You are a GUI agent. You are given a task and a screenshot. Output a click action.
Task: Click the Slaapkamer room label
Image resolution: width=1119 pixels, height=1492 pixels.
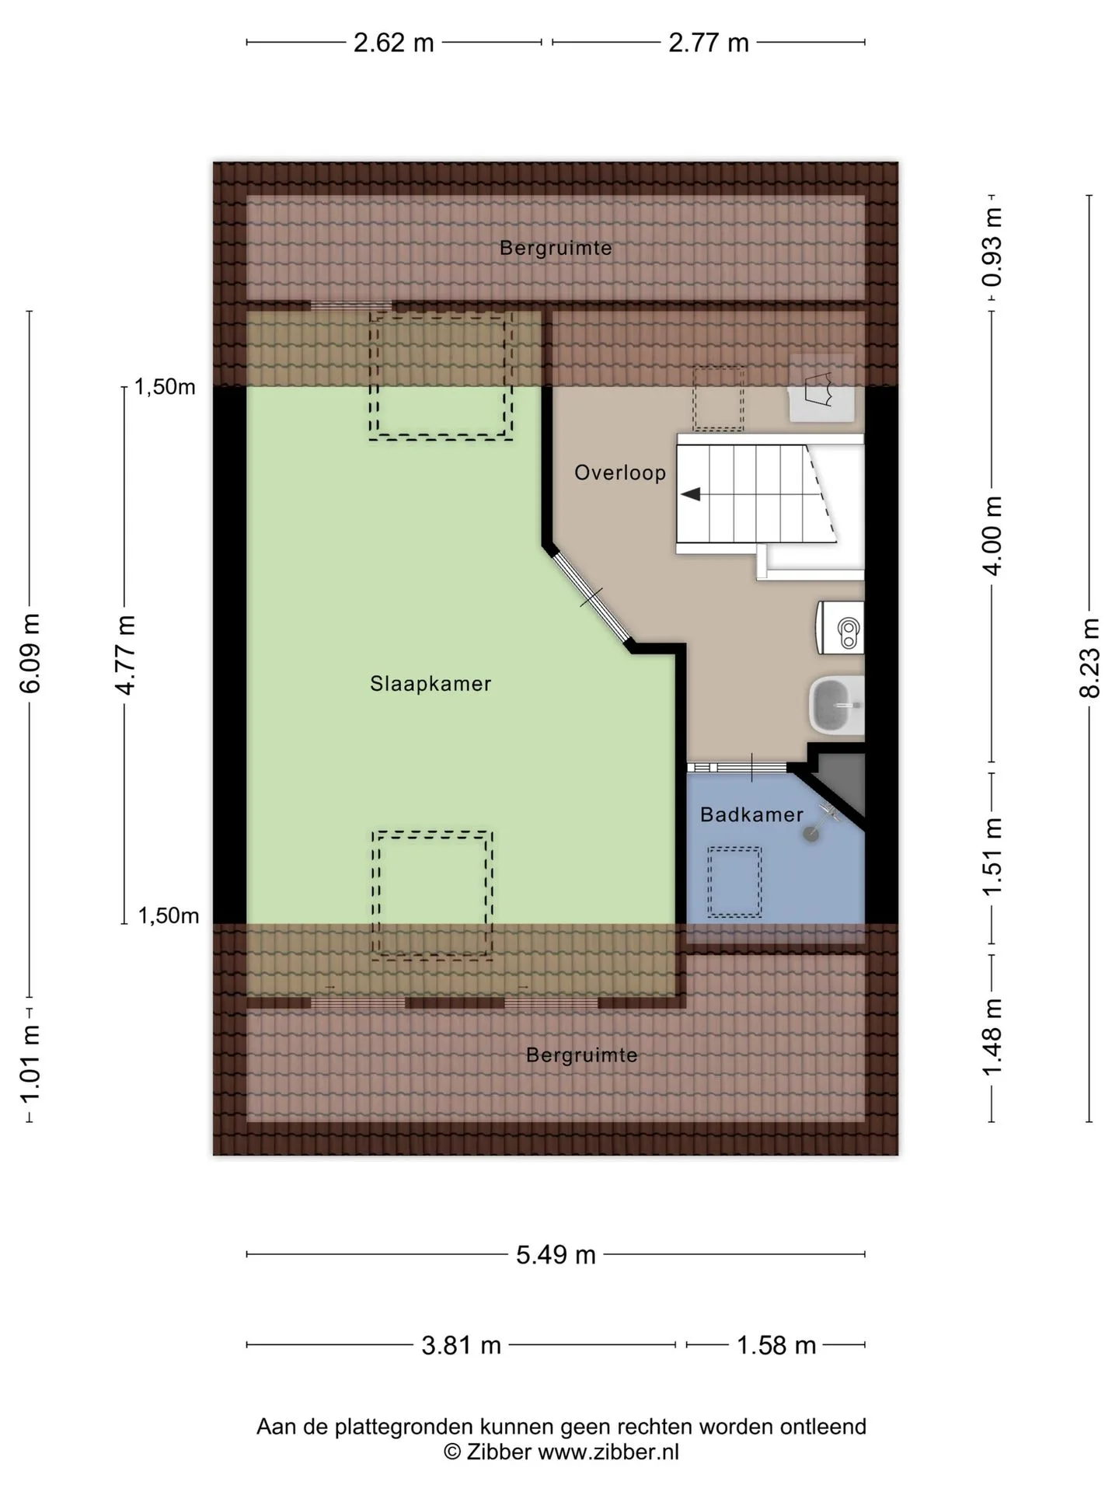(431, 684)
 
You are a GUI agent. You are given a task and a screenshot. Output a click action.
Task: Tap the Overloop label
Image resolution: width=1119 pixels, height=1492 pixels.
(620, 473)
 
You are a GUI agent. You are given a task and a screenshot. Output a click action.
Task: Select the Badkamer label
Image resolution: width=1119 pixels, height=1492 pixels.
(751, 814)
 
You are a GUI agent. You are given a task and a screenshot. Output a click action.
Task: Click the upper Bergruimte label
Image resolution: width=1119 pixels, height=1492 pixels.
(556, 249)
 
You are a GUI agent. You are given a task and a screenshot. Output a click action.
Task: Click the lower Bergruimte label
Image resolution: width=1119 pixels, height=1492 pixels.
(582, 1055)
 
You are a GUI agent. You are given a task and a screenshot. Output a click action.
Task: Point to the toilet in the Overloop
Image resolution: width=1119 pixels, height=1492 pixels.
(840, 626)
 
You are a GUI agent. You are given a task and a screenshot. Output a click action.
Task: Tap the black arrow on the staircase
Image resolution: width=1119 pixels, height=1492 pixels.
(691, 494)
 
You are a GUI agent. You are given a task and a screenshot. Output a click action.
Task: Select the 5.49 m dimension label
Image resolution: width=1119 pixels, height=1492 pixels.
(556, 1254)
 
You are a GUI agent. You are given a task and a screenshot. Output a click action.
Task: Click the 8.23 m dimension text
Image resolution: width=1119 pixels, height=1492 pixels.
(1089, 658)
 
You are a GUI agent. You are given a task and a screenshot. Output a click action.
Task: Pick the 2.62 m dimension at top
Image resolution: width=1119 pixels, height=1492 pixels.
(394, 43)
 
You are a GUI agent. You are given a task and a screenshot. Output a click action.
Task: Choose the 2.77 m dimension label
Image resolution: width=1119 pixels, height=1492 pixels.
(709, 43)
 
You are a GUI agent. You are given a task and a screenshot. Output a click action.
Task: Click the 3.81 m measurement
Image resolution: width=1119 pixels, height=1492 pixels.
(462, 1345)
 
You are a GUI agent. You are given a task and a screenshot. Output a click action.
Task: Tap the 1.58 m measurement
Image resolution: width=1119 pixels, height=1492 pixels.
(776, 1345)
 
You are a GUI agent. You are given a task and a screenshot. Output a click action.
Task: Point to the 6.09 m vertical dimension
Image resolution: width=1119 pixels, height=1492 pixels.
(30, 653)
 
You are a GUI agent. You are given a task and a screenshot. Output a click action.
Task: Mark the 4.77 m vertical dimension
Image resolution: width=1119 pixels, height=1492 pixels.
(124, 655)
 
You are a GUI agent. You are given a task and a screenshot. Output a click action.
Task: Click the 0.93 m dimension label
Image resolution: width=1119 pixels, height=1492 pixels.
(992, 247)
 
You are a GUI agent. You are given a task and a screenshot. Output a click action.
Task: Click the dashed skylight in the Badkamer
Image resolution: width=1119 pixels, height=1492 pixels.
(734, 881)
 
